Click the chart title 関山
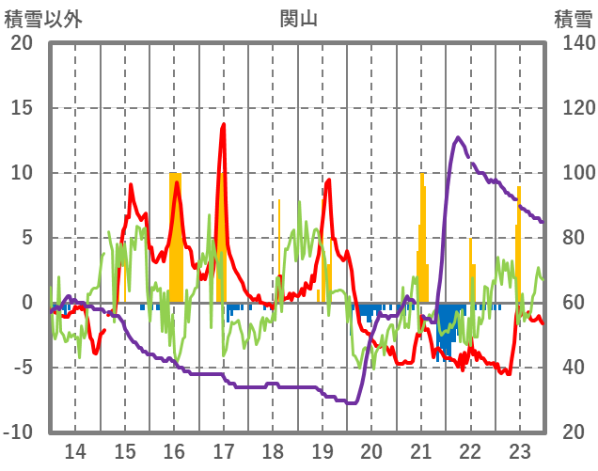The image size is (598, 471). pyautogui.click(x=298, y=18)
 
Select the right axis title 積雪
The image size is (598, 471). pyautogui.click(x=573, y=18)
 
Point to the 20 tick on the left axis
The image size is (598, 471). pyautogui.click(x=22, y=43)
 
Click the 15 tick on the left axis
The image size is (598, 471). pyautogui.click(x=22, y=108)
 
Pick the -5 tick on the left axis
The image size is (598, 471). pyautogui.click(x=22, y=368)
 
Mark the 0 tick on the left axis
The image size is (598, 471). pyautogui.click(x=26, y=303)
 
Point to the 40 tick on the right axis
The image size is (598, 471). pyautogui.click(x=575, y=368)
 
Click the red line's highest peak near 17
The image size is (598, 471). pyautogui.click(x=224, y=124)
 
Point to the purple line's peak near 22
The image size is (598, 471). pyautogui.click(x=458, y=137)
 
